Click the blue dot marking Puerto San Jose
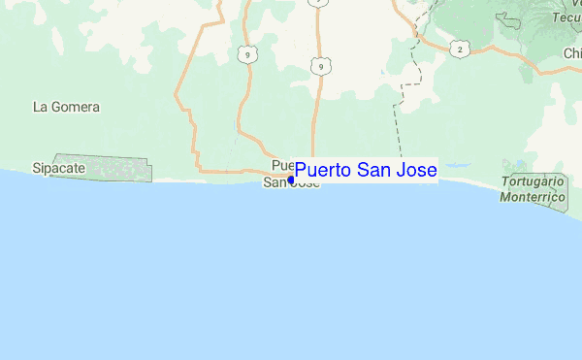tap(291, 180)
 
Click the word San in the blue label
tap(373, 171)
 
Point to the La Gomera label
tap(67, 107)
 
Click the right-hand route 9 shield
tap(319, 66)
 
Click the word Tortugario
tap(533, 182)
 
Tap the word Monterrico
tap(533, 197)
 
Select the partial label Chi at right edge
tap(571, 54)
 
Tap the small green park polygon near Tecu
tap(507, 18)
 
